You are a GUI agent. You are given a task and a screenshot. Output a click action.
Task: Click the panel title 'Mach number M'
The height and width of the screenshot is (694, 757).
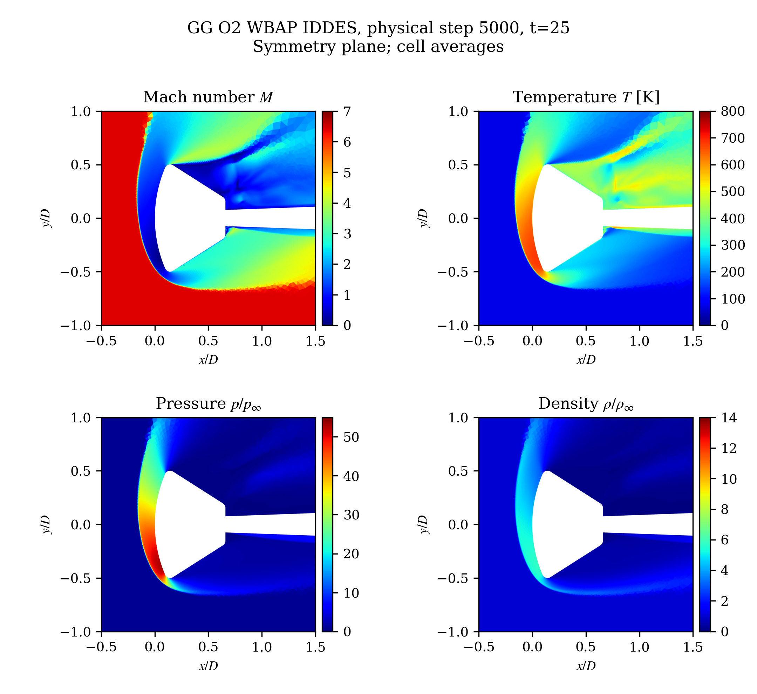208,97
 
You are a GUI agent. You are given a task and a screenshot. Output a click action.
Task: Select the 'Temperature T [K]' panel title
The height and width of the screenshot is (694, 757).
586,97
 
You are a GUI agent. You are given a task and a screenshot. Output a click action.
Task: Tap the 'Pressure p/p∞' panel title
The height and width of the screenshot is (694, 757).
209,404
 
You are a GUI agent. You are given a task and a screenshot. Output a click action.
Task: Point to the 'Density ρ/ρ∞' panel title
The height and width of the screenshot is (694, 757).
586,404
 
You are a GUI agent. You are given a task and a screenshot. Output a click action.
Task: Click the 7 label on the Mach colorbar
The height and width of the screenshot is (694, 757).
347,111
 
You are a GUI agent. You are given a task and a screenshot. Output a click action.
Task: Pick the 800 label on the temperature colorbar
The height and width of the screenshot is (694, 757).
732,111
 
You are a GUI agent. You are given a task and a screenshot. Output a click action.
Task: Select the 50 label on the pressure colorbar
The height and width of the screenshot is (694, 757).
351,437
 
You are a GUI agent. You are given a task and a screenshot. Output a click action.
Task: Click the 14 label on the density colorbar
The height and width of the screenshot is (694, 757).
729,418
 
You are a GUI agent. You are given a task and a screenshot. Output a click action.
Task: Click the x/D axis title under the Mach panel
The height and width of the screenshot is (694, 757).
209,360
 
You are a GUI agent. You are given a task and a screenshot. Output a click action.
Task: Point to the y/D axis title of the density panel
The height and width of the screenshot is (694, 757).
424,525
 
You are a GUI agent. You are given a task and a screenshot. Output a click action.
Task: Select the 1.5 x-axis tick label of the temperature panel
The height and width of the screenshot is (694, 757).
693,341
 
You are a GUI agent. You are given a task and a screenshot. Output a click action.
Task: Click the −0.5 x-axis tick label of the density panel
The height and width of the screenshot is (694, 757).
479,647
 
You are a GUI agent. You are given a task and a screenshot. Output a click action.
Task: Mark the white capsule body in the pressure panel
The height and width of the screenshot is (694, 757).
188,525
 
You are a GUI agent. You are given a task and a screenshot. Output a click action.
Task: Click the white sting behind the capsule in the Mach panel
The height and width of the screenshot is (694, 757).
270,218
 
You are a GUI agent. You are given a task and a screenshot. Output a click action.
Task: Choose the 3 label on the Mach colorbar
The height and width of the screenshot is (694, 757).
347,234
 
